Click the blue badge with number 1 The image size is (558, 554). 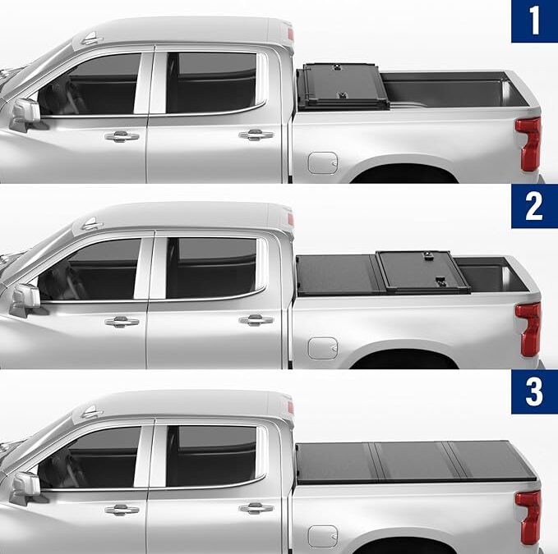(534, 21)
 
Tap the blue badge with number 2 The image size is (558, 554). (534, 206)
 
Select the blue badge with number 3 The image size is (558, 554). (534, 391)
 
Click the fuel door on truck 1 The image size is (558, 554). (323, 162)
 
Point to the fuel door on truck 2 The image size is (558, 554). (323, 347)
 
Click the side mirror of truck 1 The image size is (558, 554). (25, 112)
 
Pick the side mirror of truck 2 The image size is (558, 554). (25, 299)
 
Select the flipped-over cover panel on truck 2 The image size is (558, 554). (423, 272)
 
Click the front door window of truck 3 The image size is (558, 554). (95, 456)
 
